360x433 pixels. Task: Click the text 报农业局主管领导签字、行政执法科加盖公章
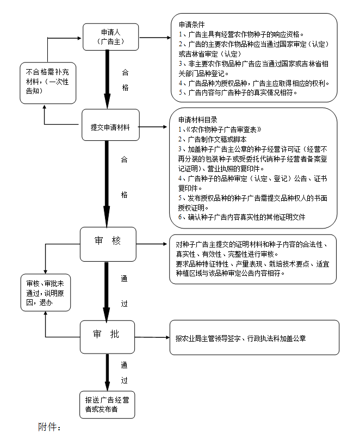point(240,338)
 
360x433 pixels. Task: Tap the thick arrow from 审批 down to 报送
point(107,370)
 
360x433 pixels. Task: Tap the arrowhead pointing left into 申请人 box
point(79,38)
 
